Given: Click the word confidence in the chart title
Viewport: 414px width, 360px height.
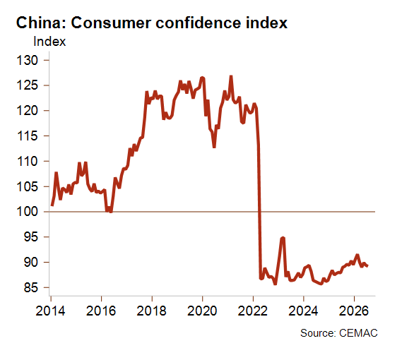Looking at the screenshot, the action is coord(199,23).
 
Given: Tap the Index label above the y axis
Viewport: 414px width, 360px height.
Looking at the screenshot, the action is coord(49,42).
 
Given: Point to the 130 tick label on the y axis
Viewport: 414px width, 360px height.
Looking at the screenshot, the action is coord(28,61).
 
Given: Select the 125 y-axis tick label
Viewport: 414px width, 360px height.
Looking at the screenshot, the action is coord(28,85).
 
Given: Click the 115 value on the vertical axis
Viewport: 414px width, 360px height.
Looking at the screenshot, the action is coord(28,136).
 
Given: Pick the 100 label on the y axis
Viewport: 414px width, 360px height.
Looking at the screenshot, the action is coord(28,212).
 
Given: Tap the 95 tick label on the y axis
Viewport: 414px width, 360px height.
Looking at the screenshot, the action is coord(31,237).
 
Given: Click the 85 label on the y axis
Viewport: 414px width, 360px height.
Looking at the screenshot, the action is coord(31,287).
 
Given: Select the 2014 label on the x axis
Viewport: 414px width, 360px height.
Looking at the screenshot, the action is coord(50,311).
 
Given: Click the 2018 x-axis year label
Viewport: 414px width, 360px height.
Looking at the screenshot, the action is coord(152,311).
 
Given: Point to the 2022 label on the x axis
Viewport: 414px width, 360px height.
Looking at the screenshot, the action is coord(253,311).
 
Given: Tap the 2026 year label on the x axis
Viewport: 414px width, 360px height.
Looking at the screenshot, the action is coord(354,311).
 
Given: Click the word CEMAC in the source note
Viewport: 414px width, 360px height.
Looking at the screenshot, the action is coord(358,333).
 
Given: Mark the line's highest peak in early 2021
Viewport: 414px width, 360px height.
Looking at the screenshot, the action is coord(231,76).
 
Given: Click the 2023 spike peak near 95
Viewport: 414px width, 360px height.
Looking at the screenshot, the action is coord(283,238).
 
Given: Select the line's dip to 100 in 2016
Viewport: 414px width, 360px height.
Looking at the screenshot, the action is coord(111,211).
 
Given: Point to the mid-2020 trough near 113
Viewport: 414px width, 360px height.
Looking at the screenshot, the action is coord(214,147).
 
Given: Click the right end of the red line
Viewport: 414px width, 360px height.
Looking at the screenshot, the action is coord(367,266).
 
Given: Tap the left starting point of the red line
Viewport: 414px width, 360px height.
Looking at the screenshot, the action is coord(52,205).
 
